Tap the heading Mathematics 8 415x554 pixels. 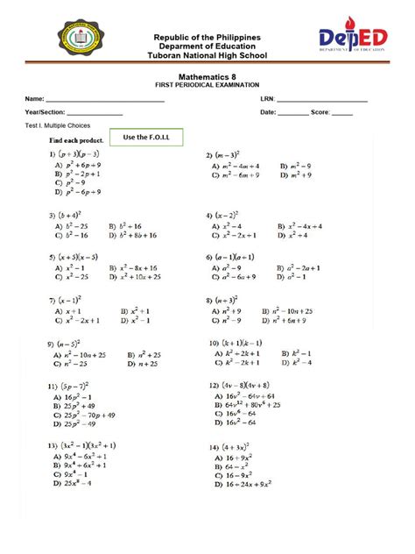[x=207, y=78]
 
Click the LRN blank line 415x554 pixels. [x=320, y=101]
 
